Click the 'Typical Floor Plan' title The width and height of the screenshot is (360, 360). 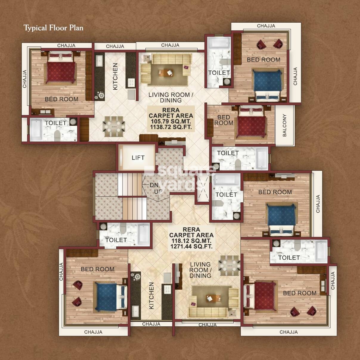[53, 28]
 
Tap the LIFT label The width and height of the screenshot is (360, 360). [138, 158]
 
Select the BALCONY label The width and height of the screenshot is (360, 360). [284, 125]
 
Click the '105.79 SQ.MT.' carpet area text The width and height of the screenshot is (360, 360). [171, 122]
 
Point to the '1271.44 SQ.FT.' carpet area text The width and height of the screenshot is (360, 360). [191, 246]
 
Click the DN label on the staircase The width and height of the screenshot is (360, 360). [154, 185]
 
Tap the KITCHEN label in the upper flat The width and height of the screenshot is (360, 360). [115, 76]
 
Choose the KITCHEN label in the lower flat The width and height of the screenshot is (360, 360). [151, 296]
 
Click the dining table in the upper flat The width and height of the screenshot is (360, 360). [114, 126]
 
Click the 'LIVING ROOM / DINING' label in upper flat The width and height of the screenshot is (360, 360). [171, 97]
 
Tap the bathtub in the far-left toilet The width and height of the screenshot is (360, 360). [35, 130]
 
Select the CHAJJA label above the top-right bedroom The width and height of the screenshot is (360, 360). [266, 26]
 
